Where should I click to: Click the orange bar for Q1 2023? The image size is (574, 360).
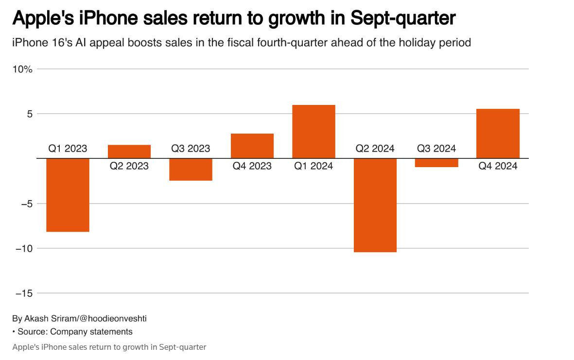(68, 195)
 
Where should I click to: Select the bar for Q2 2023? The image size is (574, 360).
(129, 152)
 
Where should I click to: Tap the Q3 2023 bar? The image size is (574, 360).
(191, 170)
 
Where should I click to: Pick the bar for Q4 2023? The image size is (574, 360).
(252, 146)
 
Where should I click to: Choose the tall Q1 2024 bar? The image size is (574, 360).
(313, 132)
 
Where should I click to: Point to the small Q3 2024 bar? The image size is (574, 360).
(436, 163)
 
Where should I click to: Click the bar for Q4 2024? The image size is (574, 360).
(498, 134)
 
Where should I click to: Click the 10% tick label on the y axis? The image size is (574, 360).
(22, 69)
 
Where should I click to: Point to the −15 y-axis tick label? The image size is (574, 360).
(24, 293)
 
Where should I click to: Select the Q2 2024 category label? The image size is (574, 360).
(375, 149)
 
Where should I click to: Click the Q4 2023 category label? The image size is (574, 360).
(252, 166)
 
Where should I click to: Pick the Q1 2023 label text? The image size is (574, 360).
(68, 149)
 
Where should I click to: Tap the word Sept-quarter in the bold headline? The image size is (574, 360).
(403, 18)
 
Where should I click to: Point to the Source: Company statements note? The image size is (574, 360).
(75, 332)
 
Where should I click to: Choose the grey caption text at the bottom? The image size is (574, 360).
(109, 347)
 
